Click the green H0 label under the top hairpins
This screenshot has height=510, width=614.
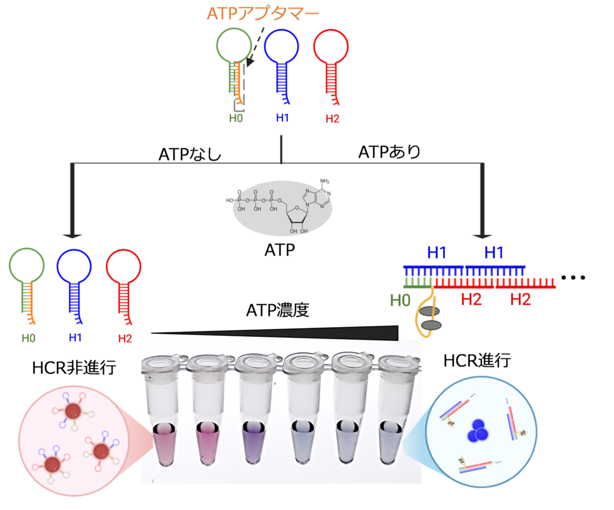(236, 118)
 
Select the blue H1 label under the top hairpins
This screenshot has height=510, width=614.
(282, 118)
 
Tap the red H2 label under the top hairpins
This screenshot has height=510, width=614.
(332, 119)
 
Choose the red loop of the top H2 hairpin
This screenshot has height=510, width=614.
(331, 46)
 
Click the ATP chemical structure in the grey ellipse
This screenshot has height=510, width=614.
(282, 207)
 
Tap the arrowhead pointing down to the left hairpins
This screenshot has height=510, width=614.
(74, 236)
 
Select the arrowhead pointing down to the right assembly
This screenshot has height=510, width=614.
(483, 236)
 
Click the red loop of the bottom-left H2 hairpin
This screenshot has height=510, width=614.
(124, 267)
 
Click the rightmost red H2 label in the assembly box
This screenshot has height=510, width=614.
(520, 300)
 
